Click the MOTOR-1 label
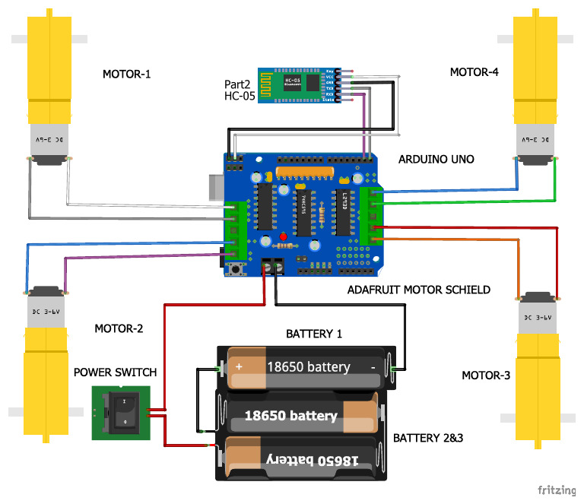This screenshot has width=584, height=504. point(127,74)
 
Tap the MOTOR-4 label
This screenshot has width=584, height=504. point(474,73)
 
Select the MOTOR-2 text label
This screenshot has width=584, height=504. point(119,328)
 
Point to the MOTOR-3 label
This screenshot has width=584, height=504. point(487,376)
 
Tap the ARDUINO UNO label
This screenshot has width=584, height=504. point(436,160)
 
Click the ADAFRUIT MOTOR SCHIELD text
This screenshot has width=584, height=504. point(418,290)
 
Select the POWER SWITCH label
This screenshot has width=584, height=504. point(115,372)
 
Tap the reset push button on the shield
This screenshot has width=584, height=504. point(237,269)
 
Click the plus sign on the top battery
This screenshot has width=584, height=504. point(238,366)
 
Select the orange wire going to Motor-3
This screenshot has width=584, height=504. point(456,240)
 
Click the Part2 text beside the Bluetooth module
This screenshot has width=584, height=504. point(239,84)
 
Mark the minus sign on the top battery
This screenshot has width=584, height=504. point(373,366)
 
